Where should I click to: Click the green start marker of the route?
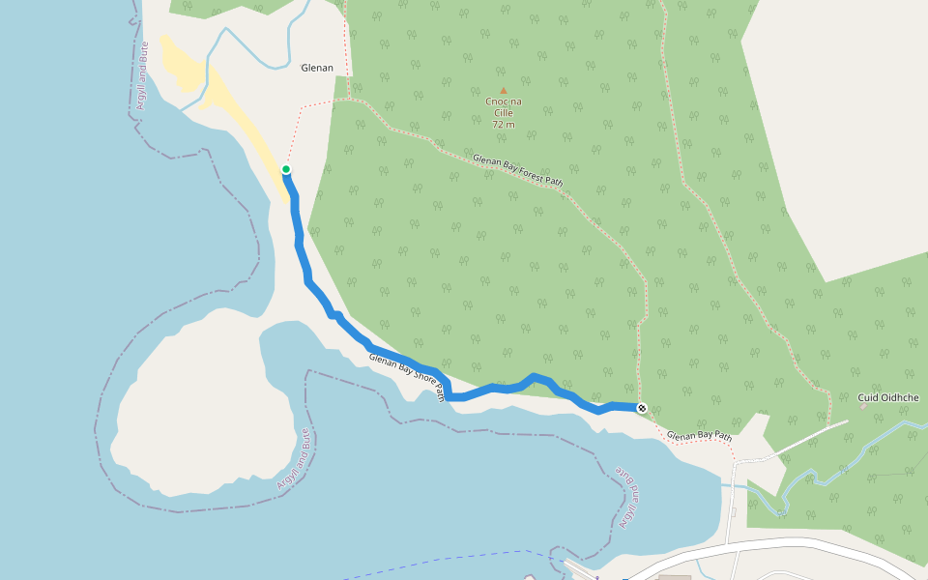tap(286, 169)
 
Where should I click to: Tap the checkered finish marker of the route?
tap(641, 408)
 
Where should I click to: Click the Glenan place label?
tap(317, 68)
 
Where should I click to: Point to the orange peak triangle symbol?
tap(503, 91)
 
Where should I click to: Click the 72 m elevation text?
tap(503, 125)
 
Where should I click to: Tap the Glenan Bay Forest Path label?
tap(517, 169)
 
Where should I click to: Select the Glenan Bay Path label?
tap(699, 436)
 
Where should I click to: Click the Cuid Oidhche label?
tap(887, 397)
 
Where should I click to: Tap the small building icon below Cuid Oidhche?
tap(863, 407)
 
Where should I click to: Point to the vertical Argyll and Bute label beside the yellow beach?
tap(142, 74)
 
